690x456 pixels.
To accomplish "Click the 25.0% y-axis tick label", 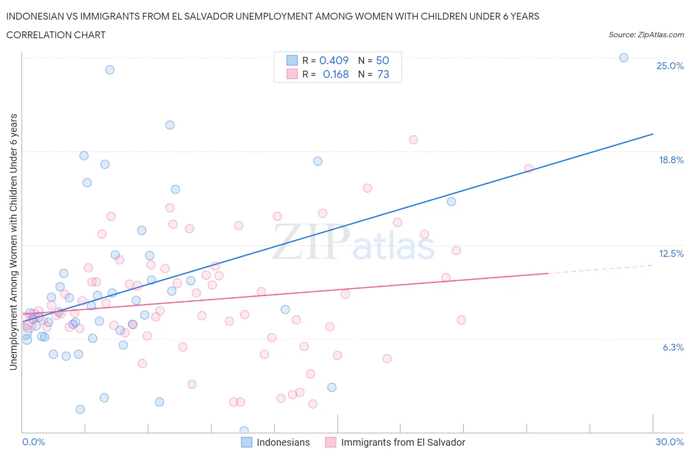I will [670, 66].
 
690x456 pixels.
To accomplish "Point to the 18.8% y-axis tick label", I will [671, 160].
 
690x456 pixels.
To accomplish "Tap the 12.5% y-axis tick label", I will [671, 253].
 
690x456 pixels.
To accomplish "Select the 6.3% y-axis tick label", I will [673, 347].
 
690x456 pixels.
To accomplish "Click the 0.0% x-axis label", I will [33, 442].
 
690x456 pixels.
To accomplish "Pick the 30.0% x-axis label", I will [669, 442].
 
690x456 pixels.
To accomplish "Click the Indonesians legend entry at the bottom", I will [283, 442].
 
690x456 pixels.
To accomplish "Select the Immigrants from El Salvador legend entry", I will [403, 442].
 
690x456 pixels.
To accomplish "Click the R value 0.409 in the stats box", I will [334, 60].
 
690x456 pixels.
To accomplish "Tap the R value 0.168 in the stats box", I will [336, 74].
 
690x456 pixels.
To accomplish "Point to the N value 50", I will [382, 60].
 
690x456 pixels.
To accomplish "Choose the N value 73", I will [383, 74].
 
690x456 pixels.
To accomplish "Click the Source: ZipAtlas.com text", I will [646, 35].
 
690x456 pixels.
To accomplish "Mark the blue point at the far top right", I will [623, 57].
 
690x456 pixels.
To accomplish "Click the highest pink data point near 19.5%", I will [413, 140].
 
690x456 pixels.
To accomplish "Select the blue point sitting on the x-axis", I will [244, 431].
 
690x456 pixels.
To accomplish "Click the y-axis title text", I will [13, 242].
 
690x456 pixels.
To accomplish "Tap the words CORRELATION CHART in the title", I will [55, 35].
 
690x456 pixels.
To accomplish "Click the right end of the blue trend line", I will [652, 134].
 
